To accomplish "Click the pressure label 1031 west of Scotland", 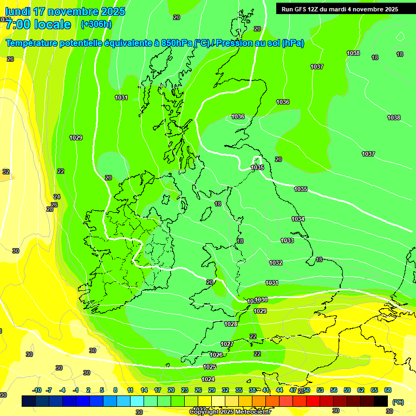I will click(121, 97).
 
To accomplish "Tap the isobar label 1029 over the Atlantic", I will click(76, 138).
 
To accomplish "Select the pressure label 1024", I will click(209, 379).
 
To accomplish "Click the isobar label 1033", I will click(287, 240).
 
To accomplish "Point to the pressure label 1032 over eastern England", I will click(276, 263).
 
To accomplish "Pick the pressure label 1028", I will click(231, 324).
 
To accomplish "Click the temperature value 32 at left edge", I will click(6, 172).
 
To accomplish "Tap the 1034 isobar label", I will click(298, 219).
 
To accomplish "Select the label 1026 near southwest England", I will click(216, 355).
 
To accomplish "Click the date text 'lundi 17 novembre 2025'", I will click(63, 11).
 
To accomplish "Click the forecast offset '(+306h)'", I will click(96, 24).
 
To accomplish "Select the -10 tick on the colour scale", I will click(37, 390).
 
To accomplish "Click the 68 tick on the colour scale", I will click(388, 390).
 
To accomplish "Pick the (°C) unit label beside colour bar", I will click(398, 402).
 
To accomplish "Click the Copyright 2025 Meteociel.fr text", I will click(230, 412).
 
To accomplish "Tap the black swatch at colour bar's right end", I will click(381, 401).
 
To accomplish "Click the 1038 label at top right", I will click(353, 53).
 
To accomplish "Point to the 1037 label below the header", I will click(317, 67).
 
